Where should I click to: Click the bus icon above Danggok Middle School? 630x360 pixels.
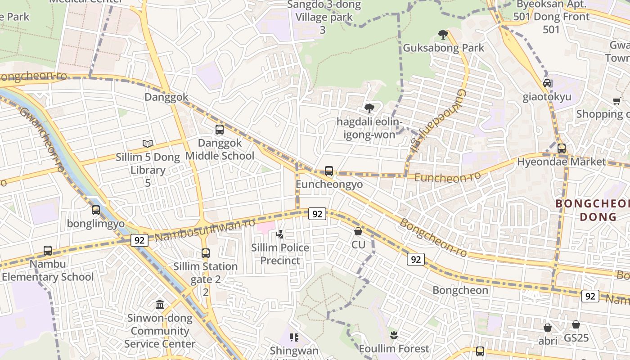click(220, 130)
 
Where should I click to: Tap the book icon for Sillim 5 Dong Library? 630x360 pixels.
click(148, 144)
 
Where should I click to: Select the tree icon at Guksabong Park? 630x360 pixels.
click(443, 34)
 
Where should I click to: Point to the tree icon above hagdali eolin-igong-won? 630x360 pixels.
click(369, 108)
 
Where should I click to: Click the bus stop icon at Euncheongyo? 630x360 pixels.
click(329, 171)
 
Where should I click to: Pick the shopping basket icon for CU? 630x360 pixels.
click(358, 231)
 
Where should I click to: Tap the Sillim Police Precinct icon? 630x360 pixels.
click(280, 234)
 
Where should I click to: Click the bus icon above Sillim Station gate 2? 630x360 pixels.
click(206, 253)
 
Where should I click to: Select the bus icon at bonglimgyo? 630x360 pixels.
click(96, 210)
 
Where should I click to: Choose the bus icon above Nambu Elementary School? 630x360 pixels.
click(48, 250)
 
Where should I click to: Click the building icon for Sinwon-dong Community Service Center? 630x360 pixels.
click(160, 305)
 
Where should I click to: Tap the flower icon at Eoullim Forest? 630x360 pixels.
click(394, 335)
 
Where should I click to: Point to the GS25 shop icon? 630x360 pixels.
click(576, 324)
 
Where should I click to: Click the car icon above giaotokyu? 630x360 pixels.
click(547, 83)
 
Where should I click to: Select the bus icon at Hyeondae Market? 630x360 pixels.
click(562, 148)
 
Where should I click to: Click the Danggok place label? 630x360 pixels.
click(166, 97)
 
